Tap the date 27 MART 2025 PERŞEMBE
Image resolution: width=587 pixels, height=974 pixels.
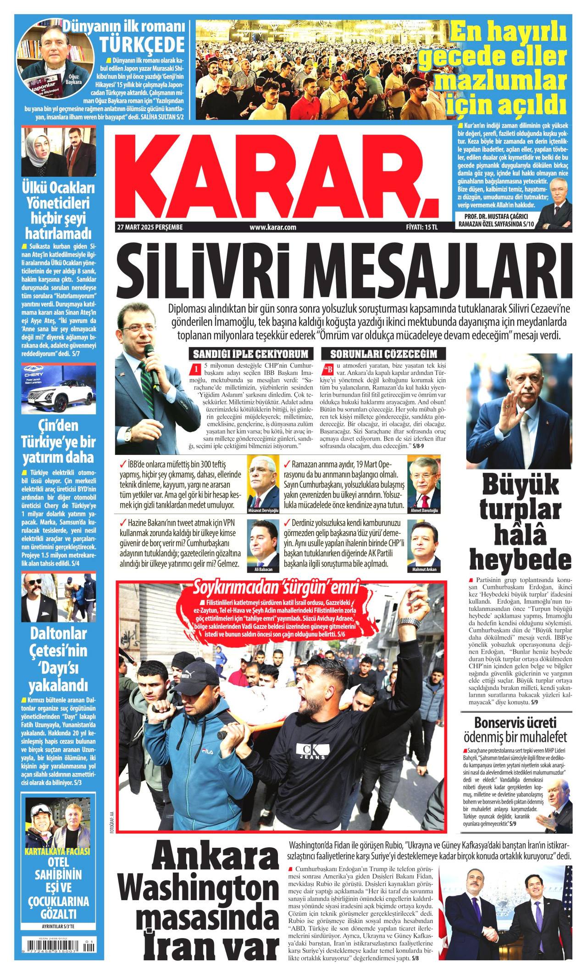click(x=150, y=227)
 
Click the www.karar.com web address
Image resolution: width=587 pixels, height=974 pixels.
click(x=273, y=227)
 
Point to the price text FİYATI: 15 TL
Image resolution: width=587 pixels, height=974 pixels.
click(x=422, y=227)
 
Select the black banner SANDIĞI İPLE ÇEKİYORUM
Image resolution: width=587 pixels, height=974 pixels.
click(x=251, y=354)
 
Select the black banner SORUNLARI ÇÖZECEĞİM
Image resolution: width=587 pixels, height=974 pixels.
click(x=383, y=354)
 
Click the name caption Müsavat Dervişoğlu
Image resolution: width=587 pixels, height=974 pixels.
click(x=263, y=510)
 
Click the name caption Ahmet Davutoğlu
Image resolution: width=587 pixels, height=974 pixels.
click(x=424, y=510)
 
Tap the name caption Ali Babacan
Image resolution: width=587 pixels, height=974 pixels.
click(x=263, y=569)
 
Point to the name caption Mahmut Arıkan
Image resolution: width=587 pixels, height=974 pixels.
click(x=424, y=569)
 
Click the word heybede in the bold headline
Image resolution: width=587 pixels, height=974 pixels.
click(x=520, y=560)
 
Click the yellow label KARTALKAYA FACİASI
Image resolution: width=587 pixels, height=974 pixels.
click(x=57, y=851)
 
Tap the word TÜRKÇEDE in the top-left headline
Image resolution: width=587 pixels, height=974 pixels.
click(x=142, y=45)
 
